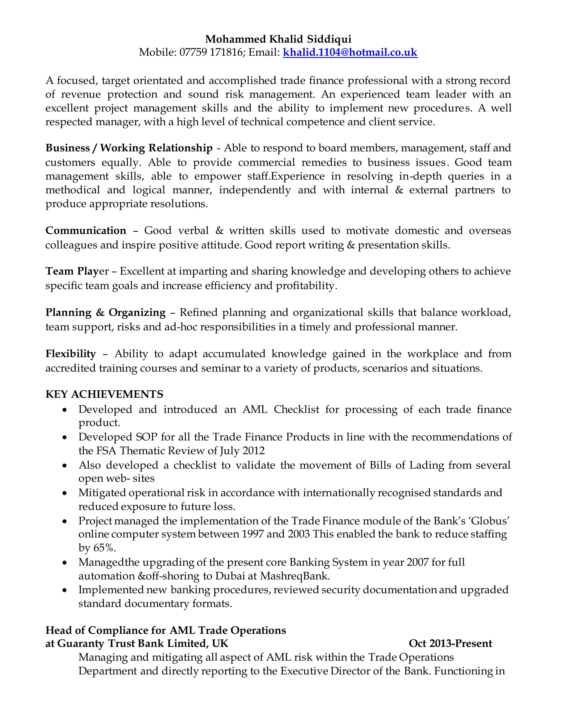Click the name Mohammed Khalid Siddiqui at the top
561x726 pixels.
point(278,39)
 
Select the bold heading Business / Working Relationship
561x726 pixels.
point(129,148)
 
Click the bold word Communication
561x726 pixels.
point(86,231)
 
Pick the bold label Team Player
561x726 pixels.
point(77,271)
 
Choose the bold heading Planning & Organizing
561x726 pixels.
point(105,313)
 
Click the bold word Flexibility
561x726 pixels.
point(70,354)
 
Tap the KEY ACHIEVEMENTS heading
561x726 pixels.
point(104,394)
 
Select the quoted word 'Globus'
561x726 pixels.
point(490,521)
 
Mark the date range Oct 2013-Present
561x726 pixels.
point(450,643)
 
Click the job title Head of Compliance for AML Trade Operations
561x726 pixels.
point(165,630)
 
